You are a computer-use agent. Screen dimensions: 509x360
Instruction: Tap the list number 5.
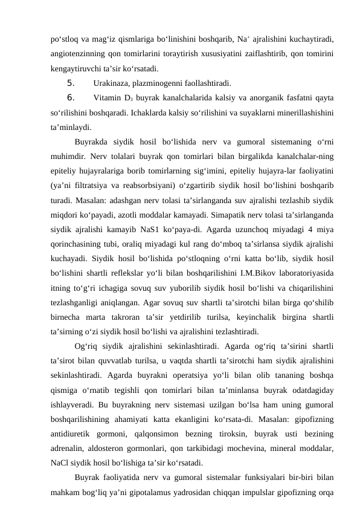pyautogui.click(x=71, y=83)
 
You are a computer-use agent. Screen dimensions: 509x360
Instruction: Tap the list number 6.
pyautogui.click(x=71, y=98)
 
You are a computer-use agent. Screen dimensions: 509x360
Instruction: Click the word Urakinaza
pyautogui.click(x=111, y=83)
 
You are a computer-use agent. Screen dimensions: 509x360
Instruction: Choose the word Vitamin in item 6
pyautogui.click(x=108, y=98)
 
